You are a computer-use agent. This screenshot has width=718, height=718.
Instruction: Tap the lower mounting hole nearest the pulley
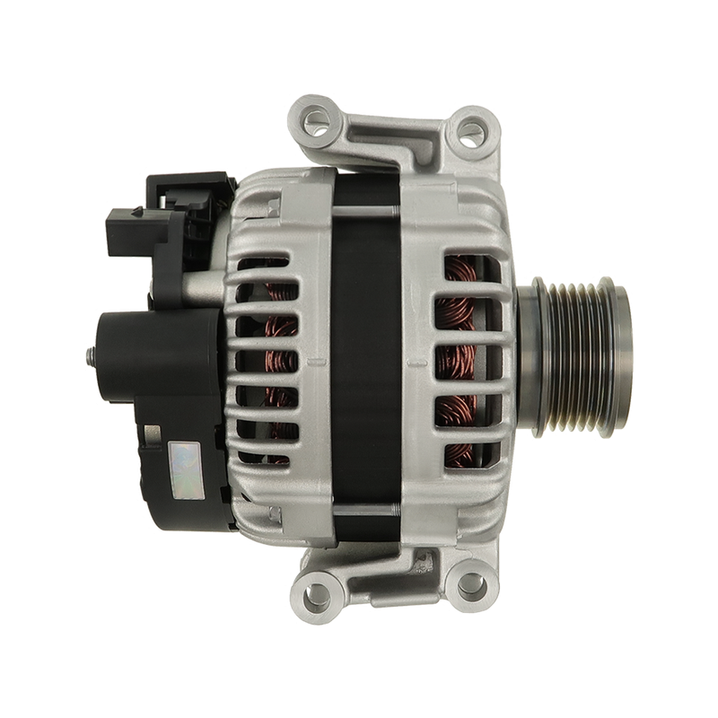466,593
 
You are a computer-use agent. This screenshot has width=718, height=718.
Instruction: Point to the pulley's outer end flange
626,359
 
